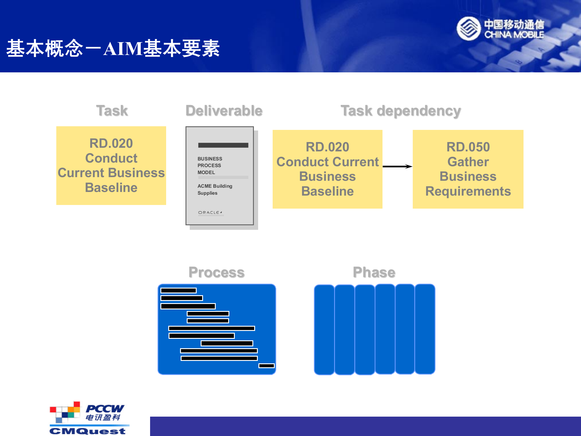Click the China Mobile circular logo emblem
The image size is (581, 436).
click(x=468, y=28)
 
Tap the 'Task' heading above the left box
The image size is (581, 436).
click(x=112, y=111)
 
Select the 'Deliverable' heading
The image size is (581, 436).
click(x=224, y=111)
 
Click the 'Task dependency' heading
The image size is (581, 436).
click(x=401, y=111)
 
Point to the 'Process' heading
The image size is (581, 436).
click(x=216, y=272)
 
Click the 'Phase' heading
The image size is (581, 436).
click(x=374, y=272)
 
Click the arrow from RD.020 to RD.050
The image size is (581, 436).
click(x=397, y=166)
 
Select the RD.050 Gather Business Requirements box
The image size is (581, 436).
click(x=468, y=169)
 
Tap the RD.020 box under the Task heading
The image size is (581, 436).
click(x=111, y=165)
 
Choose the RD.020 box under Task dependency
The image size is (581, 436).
click(x=327, y=169)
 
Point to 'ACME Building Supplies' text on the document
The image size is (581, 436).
click(x=215, y=190)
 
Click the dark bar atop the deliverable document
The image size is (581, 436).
click(x=223, y=145)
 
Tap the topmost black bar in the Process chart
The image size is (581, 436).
click(x=179, y=290)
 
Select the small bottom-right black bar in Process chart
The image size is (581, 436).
click(x=266, y=366)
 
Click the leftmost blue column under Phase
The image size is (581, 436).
click(x=324, y=329)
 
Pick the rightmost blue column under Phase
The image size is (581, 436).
click(x=425, y=329)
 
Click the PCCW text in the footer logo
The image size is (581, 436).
click(x=105, y=409)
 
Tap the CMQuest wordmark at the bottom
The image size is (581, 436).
click(x=87, y=431)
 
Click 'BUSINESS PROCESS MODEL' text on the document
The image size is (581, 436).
click(x=210, y=165)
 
